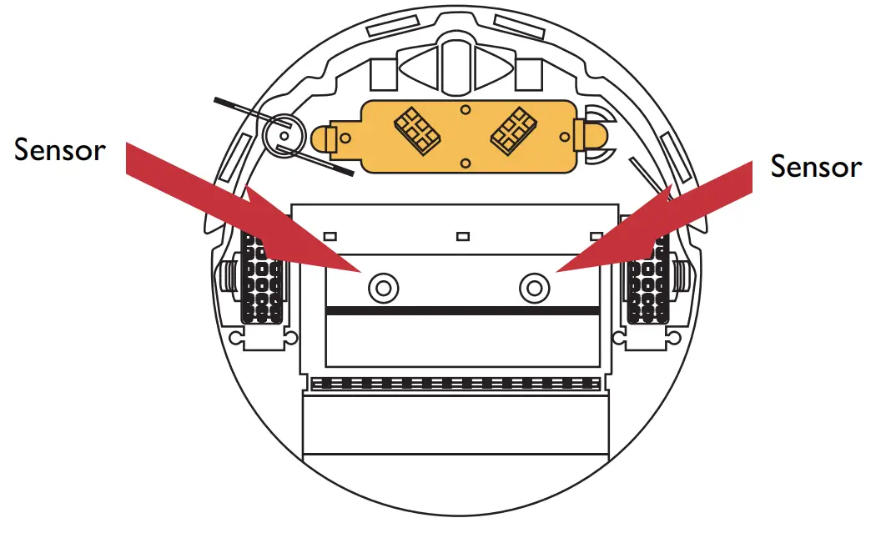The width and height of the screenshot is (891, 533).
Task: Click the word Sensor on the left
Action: pos(60,150)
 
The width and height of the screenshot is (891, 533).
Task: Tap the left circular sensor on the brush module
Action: pos(382,289)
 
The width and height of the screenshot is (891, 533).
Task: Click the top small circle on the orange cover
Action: pos(465,109)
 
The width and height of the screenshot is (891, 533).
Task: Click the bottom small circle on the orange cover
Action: pos(466,162)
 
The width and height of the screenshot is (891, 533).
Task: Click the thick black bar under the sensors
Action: pos(463,310)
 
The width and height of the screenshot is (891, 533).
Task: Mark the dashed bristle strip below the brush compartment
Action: pos(456,385)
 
